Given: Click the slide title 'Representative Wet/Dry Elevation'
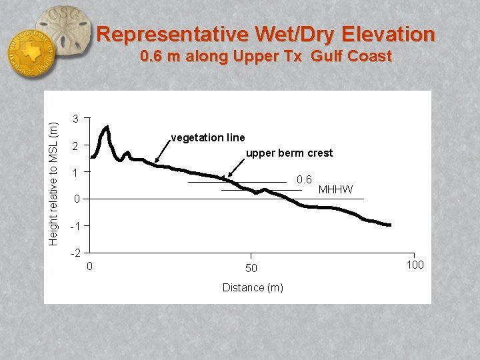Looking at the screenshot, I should tap(265, 34).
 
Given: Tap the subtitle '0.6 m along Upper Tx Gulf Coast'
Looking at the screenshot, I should tap(265, 57).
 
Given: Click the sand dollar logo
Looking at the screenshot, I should tap(63, 30).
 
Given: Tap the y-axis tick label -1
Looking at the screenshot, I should tap(75, 226).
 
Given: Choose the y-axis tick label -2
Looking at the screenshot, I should tap(75, 253).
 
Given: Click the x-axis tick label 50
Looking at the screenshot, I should tap(251, 268).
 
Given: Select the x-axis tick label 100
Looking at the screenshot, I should tap(414, 265).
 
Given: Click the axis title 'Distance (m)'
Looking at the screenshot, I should tap(252, 287).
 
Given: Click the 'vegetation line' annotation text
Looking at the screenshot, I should tap(207, 137).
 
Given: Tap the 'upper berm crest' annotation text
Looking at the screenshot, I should tap(289, 153).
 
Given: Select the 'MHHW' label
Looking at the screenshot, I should tap(335, 190).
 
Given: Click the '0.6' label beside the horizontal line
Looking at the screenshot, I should tap(304, 179).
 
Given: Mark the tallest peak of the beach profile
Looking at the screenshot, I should tap(107, 127).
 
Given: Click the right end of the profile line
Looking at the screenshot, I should tap(389, 225).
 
